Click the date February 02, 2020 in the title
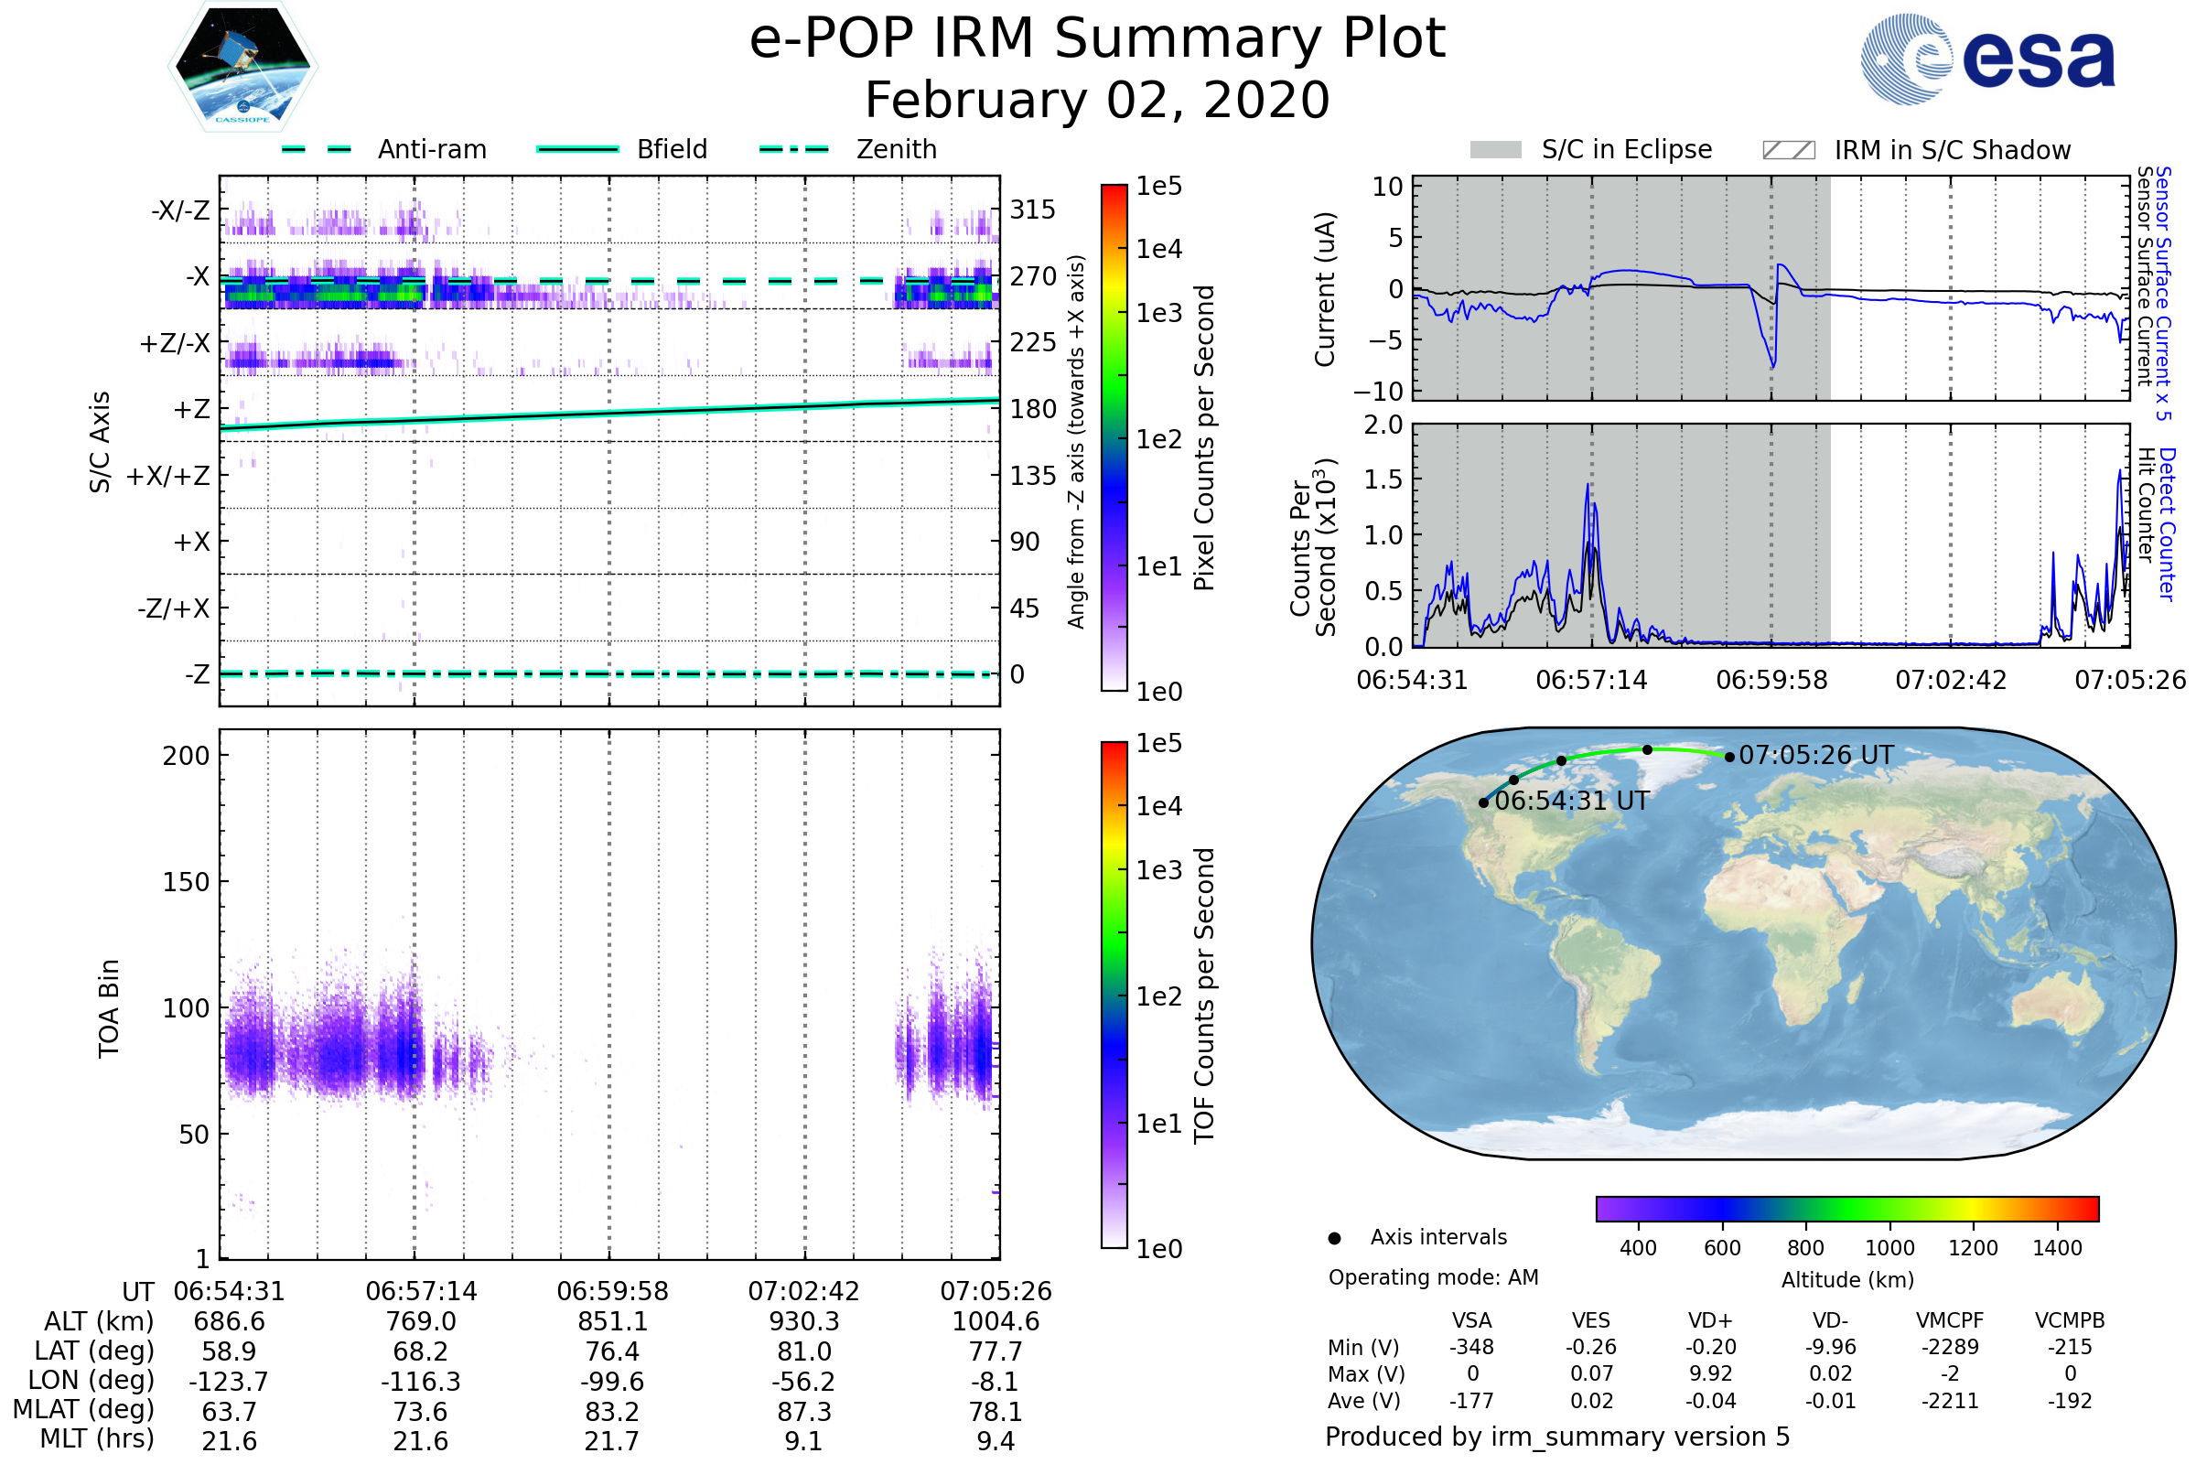click(x=1097, y=101)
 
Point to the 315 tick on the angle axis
click(x=1033, y=210)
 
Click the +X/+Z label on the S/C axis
click(x=168, y=476)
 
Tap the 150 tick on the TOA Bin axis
click(x=186, y=882)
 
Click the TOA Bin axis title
click(x=109, y=1008)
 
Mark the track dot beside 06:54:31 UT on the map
click(x=1483, y=803)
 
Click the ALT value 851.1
click(x=612, y=1322)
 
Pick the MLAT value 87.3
click(x=804, y=1412)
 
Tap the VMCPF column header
click(x=1950, y=1320)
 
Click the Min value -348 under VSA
click(x=1471, y=1347)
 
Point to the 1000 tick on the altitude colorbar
click(x=1889, y=1248)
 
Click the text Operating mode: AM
click(x=1433, y=1277)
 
